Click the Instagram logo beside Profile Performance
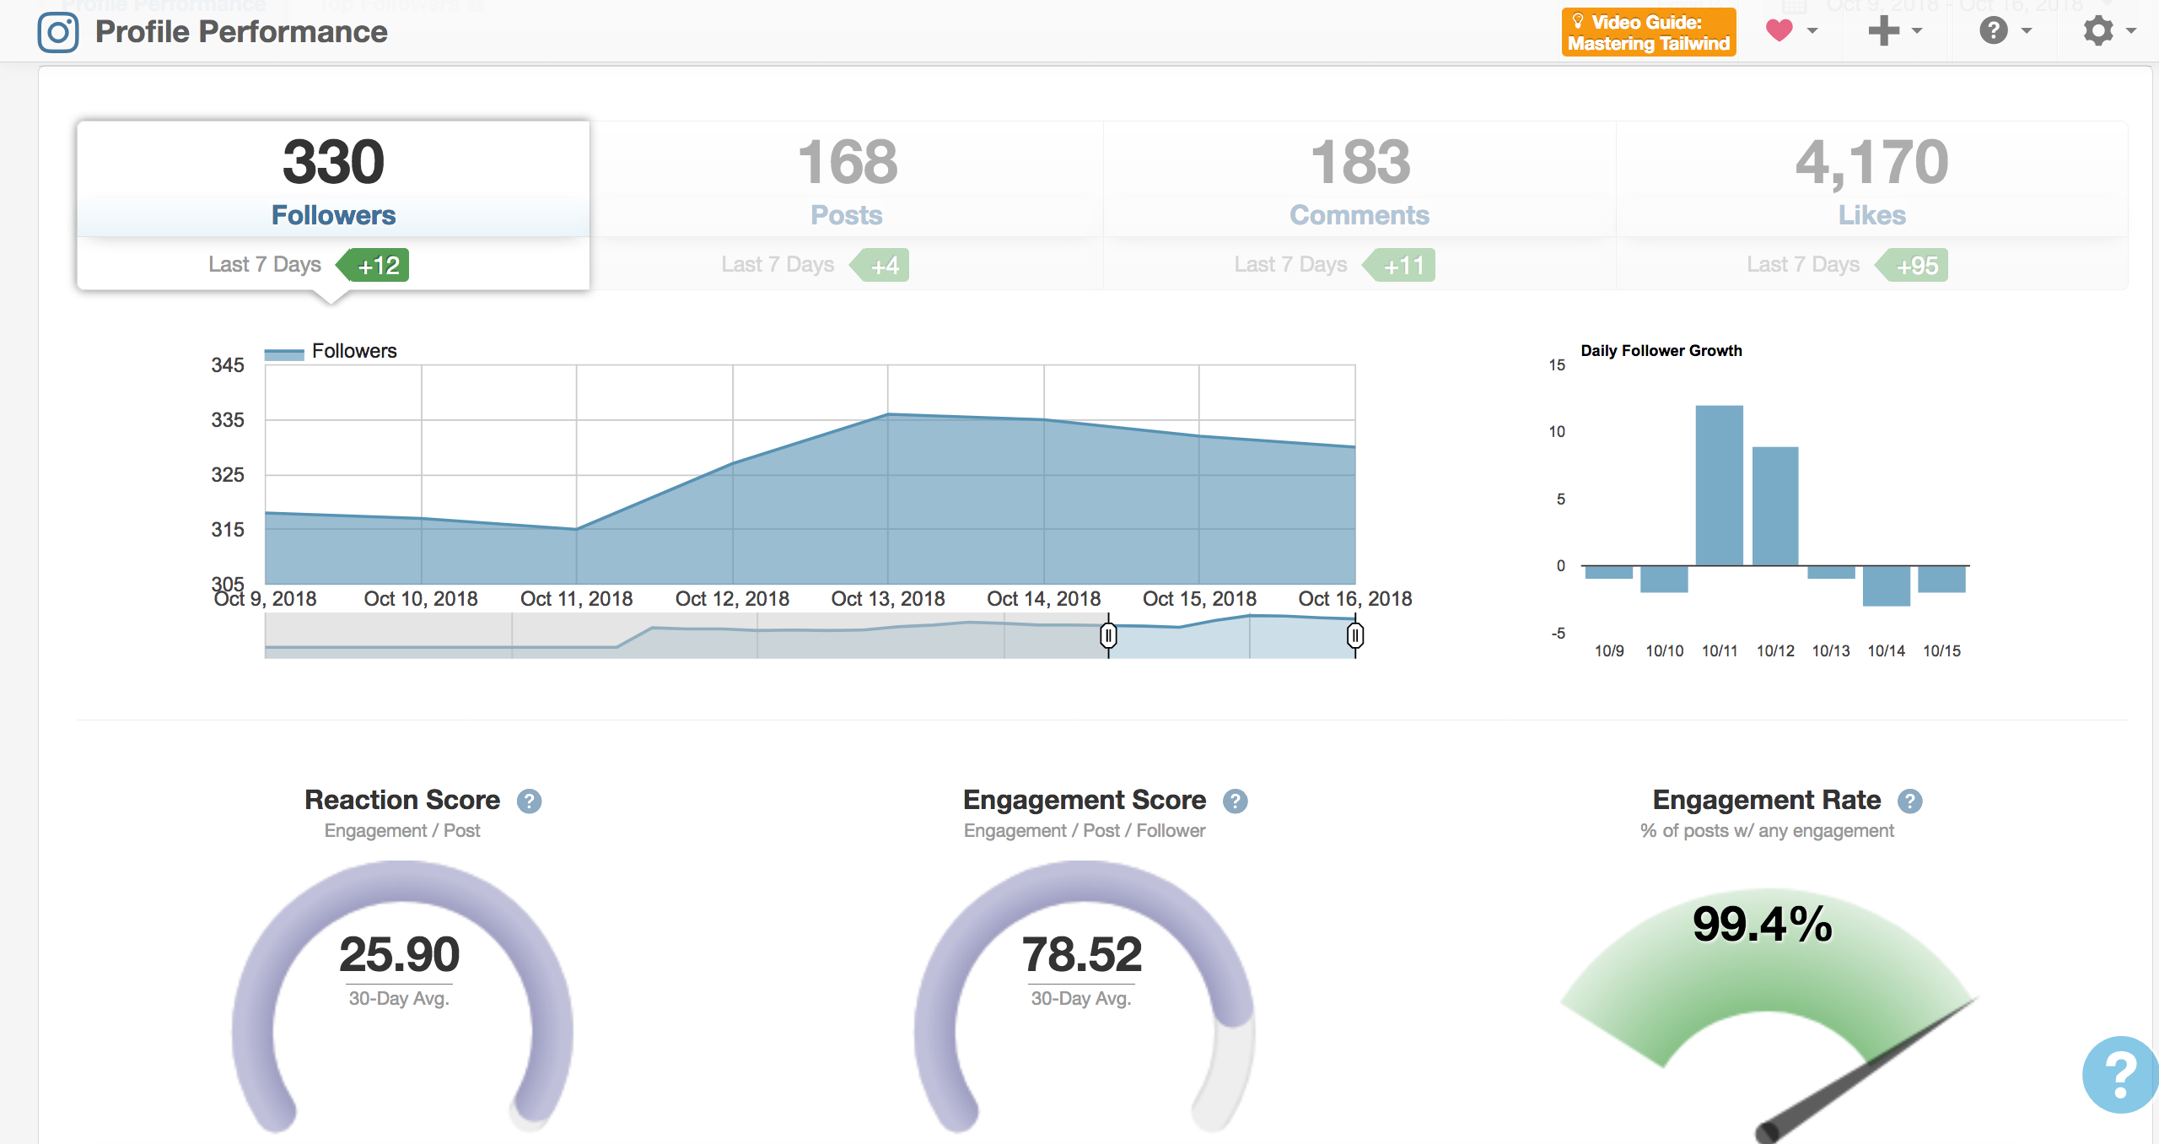tap(58, 33)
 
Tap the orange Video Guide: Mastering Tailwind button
tap(1648, 33)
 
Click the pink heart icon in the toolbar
tap(1779, 31)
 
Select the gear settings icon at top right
tap(2098, 31)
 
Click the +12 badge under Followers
tap(377, 266)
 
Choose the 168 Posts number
tap(847, 162)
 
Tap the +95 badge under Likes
tap(1916, 266)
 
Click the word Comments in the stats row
tap(1359, 215)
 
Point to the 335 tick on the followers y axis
tap(228, 420)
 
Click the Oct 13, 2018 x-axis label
tap(887, 599)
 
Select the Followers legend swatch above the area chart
tap(284, 354)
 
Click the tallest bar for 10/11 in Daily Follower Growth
tap(1719, 485)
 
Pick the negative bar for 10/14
tap(1886, 585)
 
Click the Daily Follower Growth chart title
tap(1661, 351)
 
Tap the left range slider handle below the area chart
tap(1108, 635)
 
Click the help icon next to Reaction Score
tap(529, 801)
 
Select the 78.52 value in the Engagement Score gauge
tap(1081, 954)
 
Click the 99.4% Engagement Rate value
tap(1762, 924)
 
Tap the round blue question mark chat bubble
tap(2120, 1074)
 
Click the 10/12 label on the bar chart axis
tap(1774, 651)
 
